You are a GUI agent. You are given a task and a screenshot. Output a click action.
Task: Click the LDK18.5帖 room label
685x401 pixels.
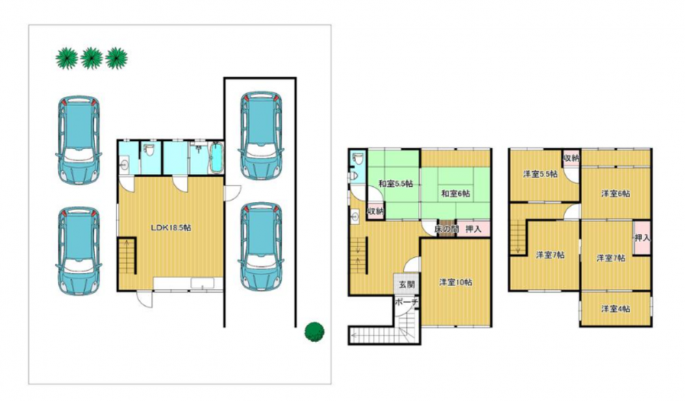click(x=171, y=227)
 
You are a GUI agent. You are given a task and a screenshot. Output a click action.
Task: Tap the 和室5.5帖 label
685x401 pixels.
click(x=395, y=183)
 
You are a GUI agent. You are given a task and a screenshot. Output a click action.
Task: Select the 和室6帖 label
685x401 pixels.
click(x=456, y=193)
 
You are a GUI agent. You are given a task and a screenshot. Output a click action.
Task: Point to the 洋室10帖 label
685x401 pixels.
click(x=456, y=283)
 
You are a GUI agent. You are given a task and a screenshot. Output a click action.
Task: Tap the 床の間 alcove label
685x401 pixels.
click(x=446, y=229)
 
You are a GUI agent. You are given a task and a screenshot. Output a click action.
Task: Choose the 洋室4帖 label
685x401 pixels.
click(x=615, y=309)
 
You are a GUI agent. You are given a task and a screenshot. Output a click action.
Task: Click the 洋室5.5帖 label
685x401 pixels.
click(x=540, y=174)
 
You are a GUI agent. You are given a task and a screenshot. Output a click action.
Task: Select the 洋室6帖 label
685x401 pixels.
click(x=616, y=193)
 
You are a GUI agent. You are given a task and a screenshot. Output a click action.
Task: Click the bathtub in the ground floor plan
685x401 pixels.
click(x=216, y=157)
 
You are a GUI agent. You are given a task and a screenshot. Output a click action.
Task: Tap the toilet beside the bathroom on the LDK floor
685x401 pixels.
click(x=150, y=151)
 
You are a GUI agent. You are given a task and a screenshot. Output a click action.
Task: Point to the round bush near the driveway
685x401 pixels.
click(x=314, y=332)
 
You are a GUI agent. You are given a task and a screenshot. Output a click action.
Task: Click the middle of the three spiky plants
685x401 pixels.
click(x=92, y=58)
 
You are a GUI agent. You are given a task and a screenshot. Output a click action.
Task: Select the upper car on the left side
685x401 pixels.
click(x=79, y=140)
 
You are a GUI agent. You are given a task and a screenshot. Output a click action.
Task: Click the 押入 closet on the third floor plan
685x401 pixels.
click(x=643, y=238)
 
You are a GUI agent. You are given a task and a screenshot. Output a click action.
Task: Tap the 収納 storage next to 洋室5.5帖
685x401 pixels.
click(x=571, y=158)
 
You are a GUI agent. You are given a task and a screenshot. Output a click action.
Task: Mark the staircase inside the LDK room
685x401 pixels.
click(x=127, y=256)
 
